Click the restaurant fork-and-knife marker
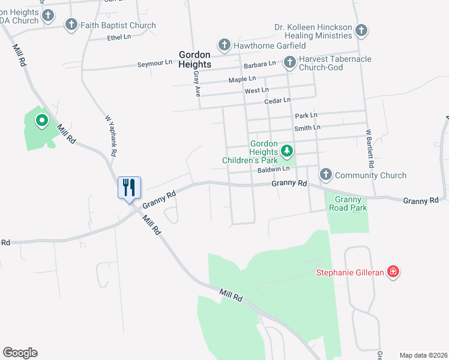pyautogui.click(x=129, y=188)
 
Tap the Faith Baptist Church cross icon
pyautogui.click(x=71, y=25)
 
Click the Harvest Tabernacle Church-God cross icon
pyautogui.click(x=289, y=61)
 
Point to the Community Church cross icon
pyautogui.click(x=325, y=175)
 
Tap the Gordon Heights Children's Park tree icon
pyautogui.click(x=287, y=150)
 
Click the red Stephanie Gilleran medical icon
pyautogui.click(x=393, y=272)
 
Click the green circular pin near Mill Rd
pyautogui.click(x=42, y=121)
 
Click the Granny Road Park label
pyautogui.click(x=348, y=203)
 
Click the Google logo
pyautogui.click(x=20, y=353)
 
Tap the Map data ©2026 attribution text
pyautogui.click(x=423, y=355)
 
